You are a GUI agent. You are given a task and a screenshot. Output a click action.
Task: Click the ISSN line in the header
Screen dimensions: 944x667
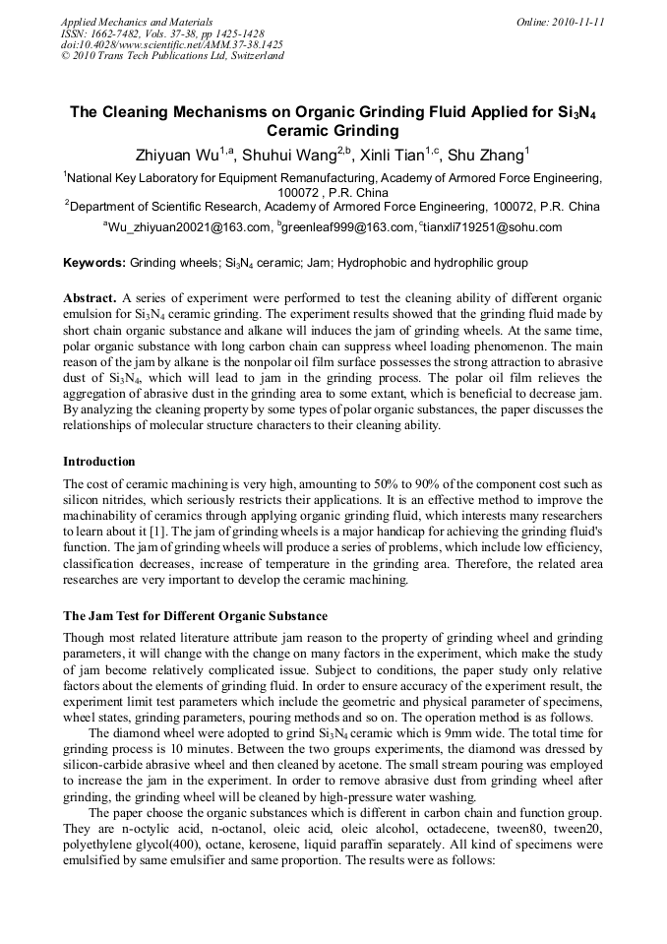point(162,33)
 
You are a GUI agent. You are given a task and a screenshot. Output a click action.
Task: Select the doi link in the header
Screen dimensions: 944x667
point(172,44)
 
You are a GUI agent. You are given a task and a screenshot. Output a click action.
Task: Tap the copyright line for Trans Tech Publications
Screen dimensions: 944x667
point(172,56)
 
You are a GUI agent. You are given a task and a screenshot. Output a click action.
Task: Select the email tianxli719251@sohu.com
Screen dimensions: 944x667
point(493,227)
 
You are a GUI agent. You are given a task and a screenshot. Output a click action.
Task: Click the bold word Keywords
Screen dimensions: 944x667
point(93,263)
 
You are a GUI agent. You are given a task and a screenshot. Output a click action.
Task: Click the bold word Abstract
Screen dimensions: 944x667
point(90,297)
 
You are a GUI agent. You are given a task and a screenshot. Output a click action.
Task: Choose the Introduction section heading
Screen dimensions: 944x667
point(99,462)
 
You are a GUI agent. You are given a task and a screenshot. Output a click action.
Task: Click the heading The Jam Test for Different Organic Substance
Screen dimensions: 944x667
point(195,616)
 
